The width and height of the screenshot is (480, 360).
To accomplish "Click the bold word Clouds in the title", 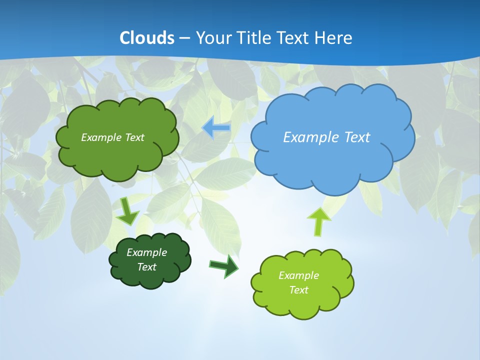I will pos(147,38).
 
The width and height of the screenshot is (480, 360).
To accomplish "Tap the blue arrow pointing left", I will pos(216,128).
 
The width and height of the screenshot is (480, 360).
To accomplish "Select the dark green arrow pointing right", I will pos(224,265).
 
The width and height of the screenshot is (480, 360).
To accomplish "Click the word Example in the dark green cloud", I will pos(146,252).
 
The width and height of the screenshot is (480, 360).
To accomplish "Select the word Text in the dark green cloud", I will pos(146,267).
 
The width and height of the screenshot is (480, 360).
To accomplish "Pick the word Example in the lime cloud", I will pos(298,275).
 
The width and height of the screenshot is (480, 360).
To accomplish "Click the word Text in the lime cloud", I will pos(298,290).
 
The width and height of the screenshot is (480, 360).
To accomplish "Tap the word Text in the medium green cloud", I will pos(134,137).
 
